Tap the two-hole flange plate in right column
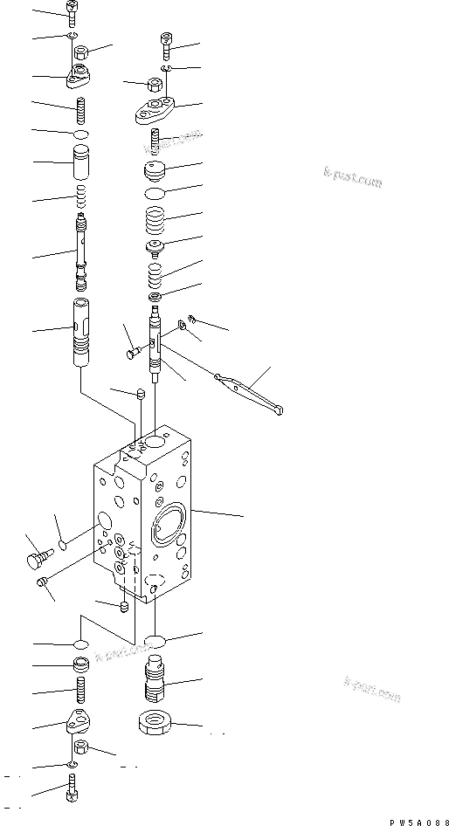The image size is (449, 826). click(x=156, y=109)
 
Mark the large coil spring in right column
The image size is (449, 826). click(x=155, y=219)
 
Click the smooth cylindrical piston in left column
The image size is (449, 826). click(x=79, y=166)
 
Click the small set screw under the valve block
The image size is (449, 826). click(x=124, y=605)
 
